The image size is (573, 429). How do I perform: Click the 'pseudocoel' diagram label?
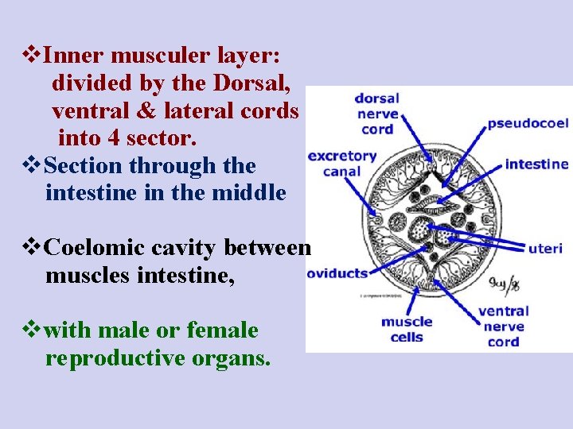(527, 123)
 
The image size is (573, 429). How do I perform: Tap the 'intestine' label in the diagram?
(536, 164)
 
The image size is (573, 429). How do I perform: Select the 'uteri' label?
(545, 249)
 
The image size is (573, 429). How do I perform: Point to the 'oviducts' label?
(337, 272)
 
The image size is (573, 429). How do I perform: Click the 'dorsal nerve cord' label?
(376, 114)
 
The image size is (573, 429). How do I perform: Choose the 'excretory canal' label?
(341, 164)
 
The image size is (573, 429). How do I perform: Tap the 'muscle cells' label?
(407, 330)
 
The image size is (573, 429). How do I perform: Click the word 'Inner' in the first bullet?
(74, 56)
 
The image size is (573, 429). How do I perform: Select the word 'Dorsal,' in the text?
(255, 83)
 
